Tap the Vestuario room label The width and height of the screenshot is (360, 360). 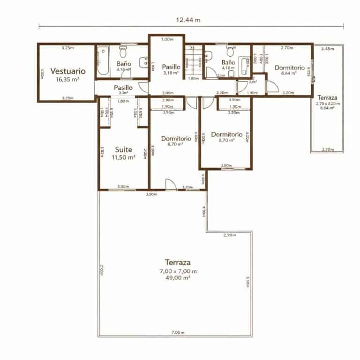(x=68, y=71)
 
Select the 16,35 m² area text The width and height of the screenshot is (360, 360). (x=67, y=80)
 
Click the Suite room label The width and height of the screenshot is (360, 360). (x=124, y=150)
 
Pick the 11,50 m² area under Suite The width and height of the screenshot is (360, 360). (x=123, y=158)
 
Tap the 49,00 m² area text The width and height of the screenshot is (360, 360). (x=180, y=278)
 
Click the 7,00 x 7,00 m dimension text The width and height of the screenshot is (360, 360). (x=180, y=271)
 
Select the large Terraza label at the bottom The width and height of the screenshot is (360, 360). (x=180, y=262)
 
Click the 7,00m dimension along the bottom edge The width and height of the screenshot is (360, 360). (x=176, y=332)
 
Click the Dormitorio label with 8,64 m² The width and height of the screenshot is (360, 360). (x=289, y=67)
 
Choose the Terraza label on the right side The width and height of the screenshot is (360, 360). (x=327, y=97)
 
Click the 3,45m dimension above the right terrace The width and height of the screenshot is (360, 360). (x=328, y=49)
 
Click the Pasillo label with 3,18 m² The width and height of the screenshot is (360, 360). (x=171, y=67)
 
